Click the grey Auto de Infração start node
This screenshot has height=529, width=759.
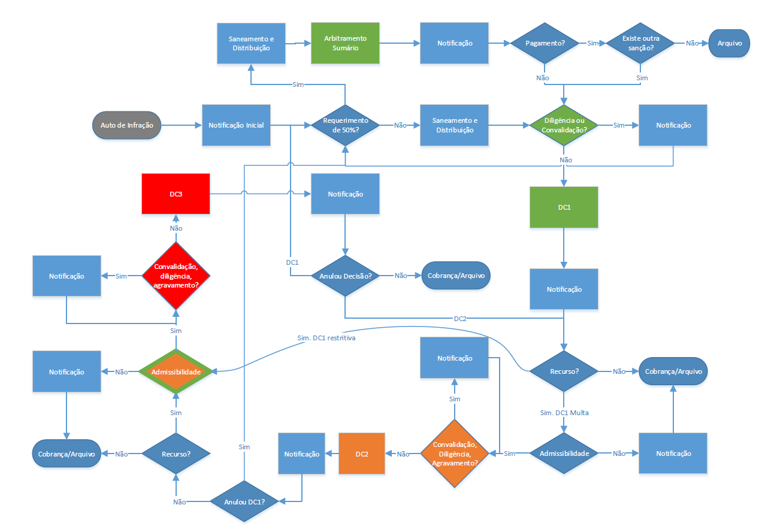126,126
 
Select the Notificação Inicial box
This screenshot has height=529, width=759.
236,126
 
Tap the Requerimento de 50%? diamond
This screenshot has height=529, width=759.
344,126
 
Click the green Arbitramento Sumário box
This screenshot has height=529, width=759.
345,43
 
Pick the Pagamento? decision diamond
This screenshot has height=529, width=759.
544,43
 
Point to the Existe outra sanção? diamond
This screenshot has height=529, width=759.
642,43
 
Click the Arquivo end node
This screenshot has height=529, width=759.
729,43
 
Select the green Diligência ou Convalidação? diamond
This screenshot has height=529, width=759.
563,126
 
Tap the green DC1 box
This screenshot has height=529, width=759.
564,207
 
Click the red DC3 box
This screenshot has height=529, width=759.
176,194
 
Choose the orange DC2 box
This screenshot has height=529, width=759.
361,454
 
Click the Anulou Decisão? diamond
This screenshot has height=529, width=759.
344,276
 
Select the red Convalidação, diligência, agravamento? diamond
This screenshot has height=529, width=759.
176,276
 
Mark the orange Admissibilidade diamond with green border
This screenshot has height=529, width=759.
176,372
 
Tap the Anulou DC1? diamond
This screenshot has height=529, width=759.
244,502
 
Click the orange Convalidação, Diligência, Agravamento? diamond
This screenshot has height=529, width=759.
454,454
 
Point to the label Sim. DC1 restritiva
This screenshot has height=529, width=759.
326,338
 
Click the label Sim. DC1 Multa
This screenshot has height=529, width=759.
564,413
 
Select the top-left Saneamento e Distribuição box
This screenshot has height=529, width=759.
251,43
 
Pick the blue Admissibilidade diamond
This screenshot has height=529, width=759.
564,454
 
